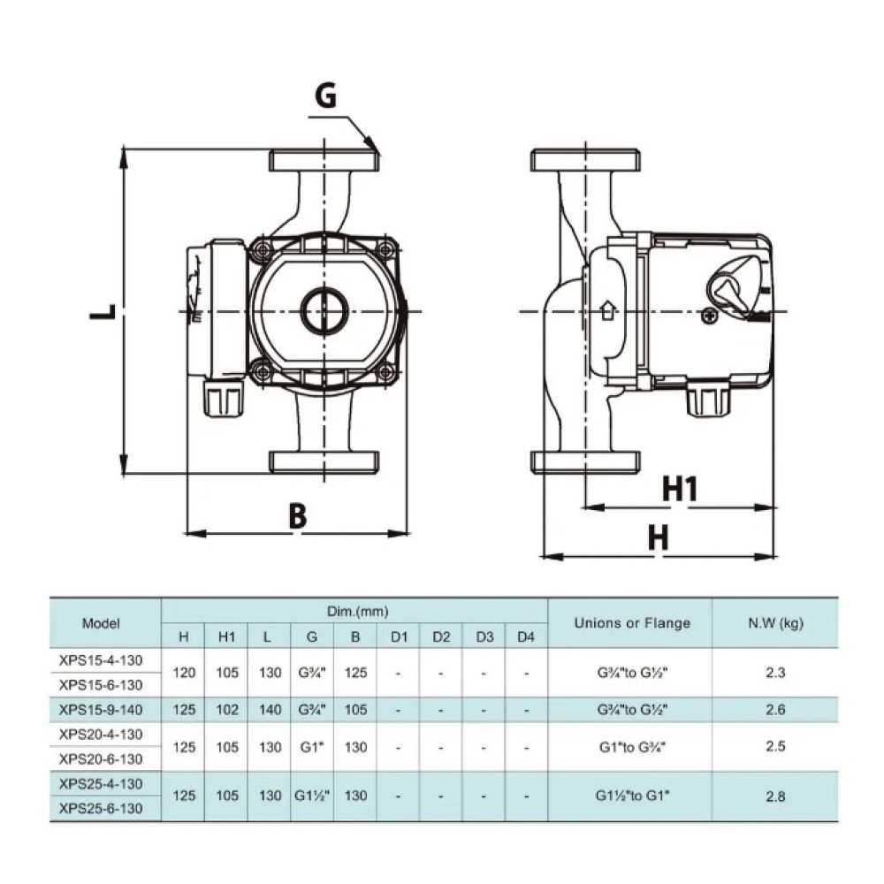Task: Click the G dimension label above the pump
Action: point(326,95)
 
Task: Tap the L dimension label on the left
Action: point(103,312)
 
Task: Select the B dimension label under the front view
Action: point(298,516)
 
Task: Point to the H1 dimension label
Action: point(679,488)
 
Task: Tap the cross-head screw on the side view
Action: point(709,316)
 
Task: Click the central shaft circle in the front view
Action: point(324,310)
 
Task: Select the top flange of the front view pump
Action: point(324,161)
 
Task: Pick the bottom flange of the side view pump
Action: point(586,461)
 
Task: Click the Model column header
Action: point(101,623)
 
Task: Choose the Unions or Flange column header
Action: point(632,623)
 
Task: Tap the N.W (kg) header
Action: point(776,623)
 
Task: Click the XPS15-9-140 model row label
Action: point(101,710)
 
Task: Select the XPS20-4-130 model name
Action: point(101,735)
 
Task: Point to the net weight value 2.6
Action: point(776,710)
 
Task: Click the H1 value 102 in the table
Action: point(227,710)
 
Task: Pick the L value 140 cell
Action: point(270,710)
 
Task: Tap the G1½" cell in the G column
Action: point(312,796)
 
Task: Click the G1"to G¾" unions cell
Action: point(633,748)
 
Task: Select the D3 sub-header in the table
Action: point(484,637)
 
